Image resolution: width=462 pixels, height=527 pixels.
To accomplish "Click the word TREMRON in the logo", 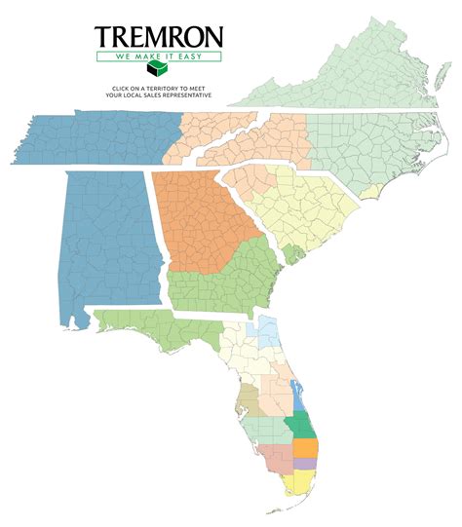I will [158, 38].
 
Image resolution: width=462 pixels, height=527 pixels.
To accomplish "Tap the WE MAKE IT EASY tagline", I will [158, 56].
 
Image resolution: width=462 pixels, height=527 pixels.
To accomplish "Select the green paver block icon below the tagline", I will [158, 73].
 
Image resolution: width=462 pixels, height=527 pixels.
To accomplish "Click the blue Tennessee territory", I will [97, 136].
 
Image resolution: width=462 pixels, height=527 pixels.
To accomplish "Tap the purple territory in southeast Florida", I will [306, 464].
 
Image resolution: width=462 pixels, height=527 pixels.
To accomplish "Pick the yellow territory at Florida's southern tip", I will [296, 484].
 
